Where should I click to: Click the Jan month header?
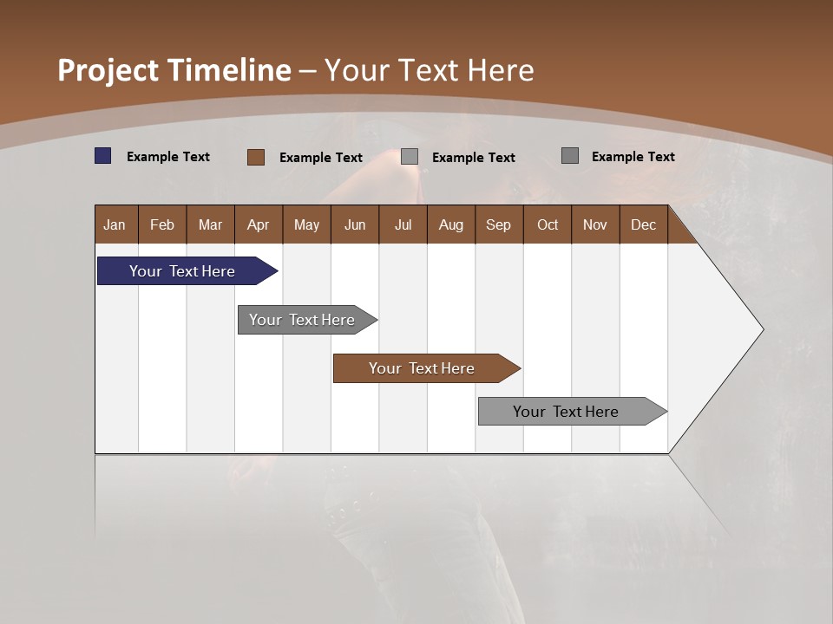pyautogui.click(x=115, y=224)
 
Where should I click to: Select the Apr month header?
pyautogui.click(x=259, y=224)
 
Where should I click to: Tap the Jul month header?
pyautogui.click(x=403, y=224)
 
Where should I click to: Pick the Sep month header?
pyautogui.click(x=498, y=224)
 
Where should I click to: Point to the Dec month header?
pyautogui.click(x=643, y=224)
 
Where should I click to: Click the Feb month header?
pyautogui.click(x=162, y=224)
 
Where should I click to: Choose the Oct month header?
pyautogui.click(x=548, y=224)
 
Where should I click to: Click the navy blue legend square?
pyautogui.click(x=103, y=156)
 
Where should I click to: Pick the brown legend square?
pyautogui.click(x=255, y=157)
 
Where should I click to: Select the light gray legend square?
pyautogui.click(x=410, y=157)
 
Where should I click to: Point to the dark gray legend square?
pyautogui.click(x=570, y=156)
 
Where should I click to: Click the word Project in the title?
pyautogui.click(x=108, y=70)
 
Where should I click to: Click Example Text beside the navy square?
pyautogui.click(x=168, y=157)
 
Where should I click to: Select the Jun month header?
pyautogui.click(x=355, y=224)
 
